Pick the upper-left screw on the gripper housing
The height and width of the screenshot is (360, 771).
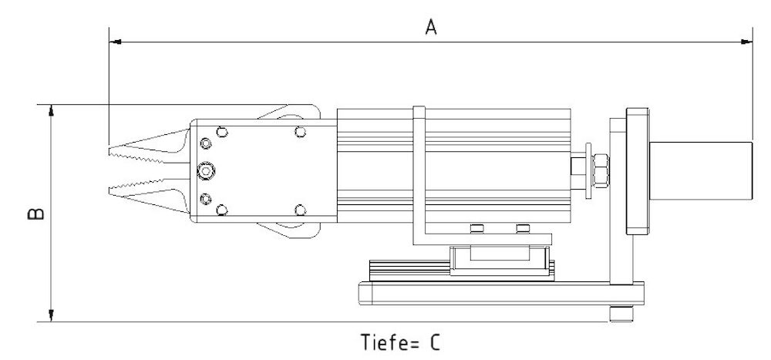coord(223,130)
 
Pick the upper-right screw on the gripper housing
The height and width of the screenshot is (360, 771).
coord(300,130)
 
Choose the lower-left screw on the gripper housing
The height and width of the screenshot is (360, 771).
coord(223,210)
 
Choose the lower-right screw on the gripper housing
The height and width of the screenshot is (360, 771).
coord(300,210)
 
